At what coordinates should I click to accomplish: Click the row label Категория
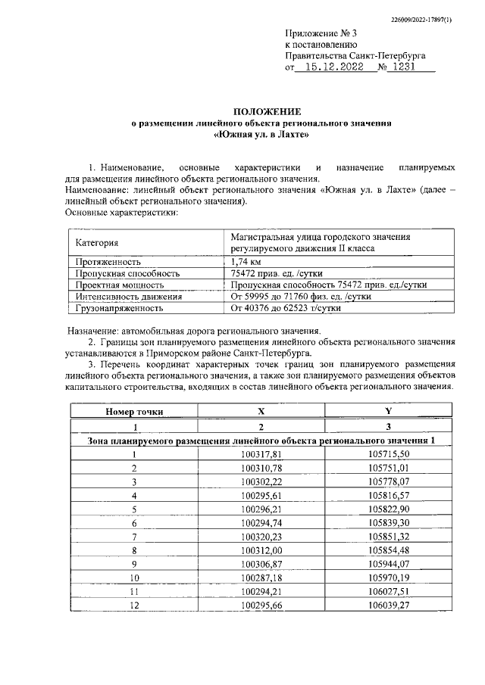[x=97, y=243]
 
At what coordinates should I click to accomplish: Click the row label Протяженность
[x=109, y=261]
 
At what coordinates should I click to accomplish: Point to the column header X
[x=261, y=412]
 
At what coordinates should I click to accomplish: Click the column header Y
[x=388, y=412]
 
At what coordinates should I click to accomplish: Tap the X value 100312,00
[x=261, y=550]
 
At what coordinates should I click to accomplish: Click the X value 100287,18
[x=261, y=577]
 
